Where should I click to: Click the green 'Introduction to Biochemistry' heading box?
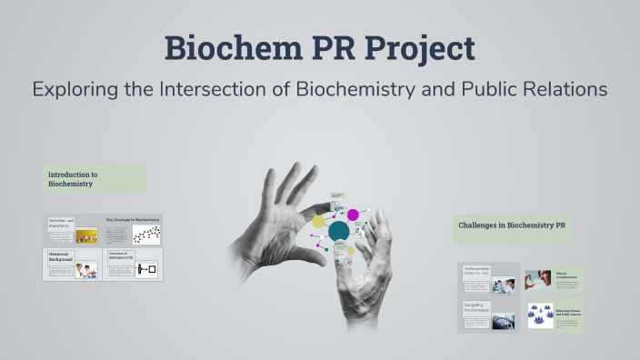(x=94, y=178)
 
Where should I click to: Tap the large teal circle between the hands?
(x=339, y=231)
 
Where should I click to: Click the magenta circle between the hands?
(x=353, y=215)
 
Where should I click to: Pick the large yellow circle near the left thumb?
(x=318, y=221)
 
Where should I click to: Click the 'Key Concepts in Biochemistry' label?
(x=132, y=219)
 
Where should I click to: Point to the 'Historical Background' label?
(x=60, y=259)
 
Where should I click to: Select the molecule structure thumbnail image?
(x=146, y=235)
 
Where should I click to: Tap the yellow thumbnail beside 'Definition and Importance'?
(x=86, y=235)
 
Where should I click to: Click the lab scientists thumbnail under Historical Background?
(x=86, y=270)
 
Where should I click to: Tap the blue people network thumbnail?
(x=541, y=315)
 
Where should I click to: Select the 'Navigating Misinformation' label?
(x=476, y=310)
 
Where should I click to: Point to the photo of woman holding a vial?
(x=538, y=278)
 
